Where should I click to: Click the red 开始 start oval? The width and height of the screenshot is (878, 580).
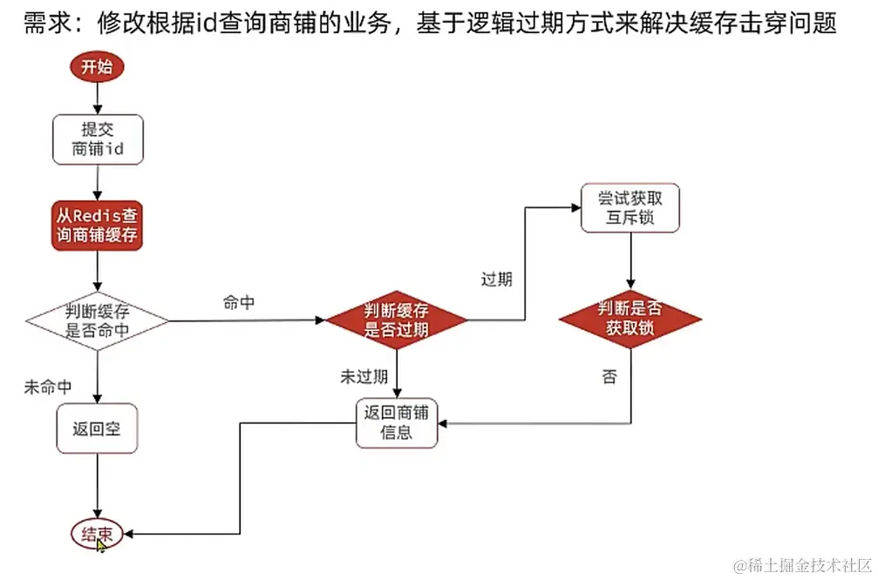[97, 68]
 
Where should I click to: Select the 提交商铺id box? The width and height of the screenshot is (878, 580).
[97, 138]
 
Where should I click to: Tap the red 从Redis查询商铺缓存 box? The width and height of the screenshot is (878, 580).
[97, 224]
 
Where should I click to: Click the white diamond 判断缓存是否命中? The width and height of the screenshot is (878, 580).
[97, 320]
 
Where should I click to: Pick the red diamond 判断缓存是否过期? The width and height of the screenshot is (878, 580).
[396, 320]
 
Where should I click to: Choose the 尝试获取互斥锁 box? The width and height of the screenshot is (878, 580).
[630, 207]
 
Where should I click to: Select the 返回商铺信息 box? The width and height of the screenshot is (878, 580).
[397, 422]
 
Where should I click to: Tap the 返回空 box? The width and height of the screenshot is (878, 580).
[97, 428]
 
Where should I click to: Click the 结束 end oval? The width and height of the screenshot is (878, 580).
[97, 534]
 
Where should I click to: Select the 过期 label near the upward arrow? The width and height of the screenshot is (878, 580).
[496, 280]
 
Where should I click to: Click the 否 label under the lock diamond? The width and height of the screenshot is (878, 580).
[609, 377]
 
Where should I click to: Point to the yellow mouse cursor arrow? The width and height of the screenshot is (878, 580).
[101, 544]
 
